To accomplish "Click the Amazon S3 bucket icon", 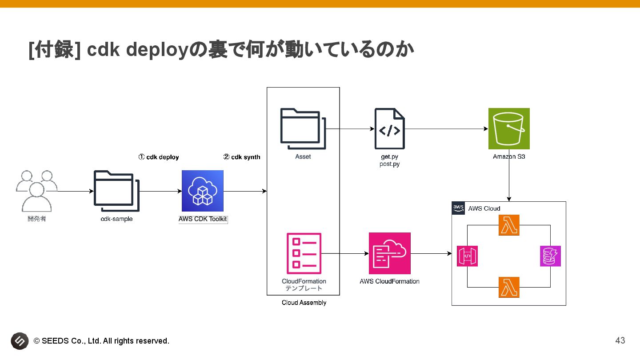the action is (x=509, y=128).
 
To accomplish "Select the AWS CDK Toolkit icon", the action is (x=203, y=191).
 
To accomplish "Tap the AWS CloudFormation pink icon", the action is (x=390, y=253).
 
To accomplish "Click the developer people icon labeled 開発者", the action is (x=36, y=191).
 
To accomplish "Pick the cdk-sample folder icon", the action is (x=116, y=191).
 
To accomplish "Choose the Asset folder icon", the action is (x=303, y=128).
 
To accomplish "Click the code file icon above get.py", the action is (x=390, y=128).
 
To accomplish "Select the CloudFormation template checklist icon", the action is (x=304, y=253).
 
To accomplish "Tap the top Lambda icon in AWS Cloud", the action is (x=509, y=225).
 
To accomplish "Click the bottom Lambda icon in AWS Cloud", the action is (x=509, y=287).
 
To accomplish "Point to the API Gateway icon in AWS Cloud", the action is (x=467, y=256).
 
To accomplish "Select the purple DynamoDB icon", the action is (x=550, y=256).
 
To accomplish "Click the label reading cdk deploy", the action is (x=163, y=157).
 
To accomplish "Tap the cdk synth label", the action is (x=246, y=157).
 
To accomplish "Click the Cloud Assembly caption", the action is (x=304, y=303).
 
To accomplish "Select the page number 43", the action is (x=620, y=340).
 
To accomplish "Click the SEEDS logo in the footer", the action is (x=20, y=341).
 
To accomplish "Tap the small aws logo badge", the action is (x=458, y=208).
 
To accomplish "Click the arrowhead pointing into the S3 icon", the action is (x=486, y=128).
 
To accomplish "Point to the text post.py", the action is (x=390, y=164).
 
